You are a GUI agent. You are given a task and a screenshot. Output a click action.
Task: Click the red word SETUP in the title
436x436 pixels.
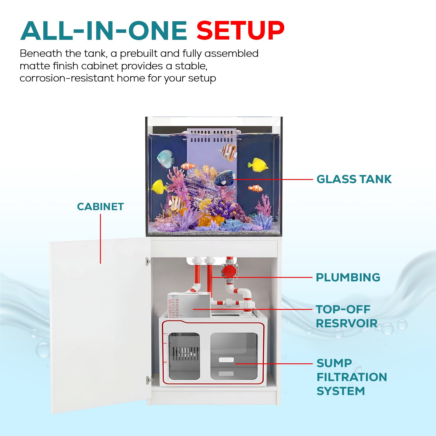click(x=240, y=31)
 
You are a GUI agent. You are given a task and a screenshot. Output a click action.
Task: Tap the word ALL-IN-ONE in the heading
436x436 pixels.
click(x=104, y=31)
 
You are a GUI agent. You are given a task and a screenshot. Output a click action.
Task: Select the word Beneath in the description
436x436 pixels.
click(x=41, y=53)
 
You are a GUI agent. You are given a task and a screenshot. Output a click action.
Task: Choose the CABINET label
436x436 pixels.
click(x=101, y=207)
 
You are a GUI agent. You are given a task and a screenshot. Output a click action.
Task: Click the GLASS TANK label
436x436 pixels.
click(x=354, y=179)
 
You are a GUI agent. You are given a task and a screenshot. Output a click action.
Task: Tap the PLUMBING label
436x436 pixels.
click(x=348, y=277)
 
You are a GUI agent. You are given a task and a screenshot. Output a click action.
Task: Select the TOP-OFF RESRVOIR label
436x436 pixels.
click(x=346, y=316)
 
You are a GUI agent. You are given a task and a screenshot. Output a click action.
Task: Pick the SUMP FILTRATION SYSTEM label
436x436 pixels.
click(x=352, y=377)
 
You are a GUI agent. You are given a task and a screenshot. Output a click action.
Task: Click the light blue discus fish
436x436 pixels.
click(x=165, y=159)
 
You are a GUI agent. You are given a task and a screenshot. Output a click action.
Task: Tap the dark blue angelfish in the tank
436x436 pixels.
click(x=225, y=178)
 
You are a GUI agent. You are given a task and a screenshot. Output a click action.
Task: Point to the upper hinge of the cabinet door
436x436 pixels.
click(x=149, y=261)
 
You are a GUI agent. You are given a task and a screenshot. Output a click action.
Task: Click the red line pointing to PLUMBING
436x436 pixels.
click(x=262, y=277)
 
